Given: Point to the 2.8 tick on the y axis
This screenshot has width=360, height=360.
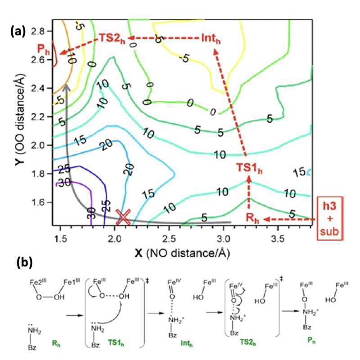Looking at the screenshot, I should pos(41,31).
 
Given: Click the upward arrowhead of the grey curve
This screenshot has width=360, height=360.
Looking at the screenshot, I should pos(66,86).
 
